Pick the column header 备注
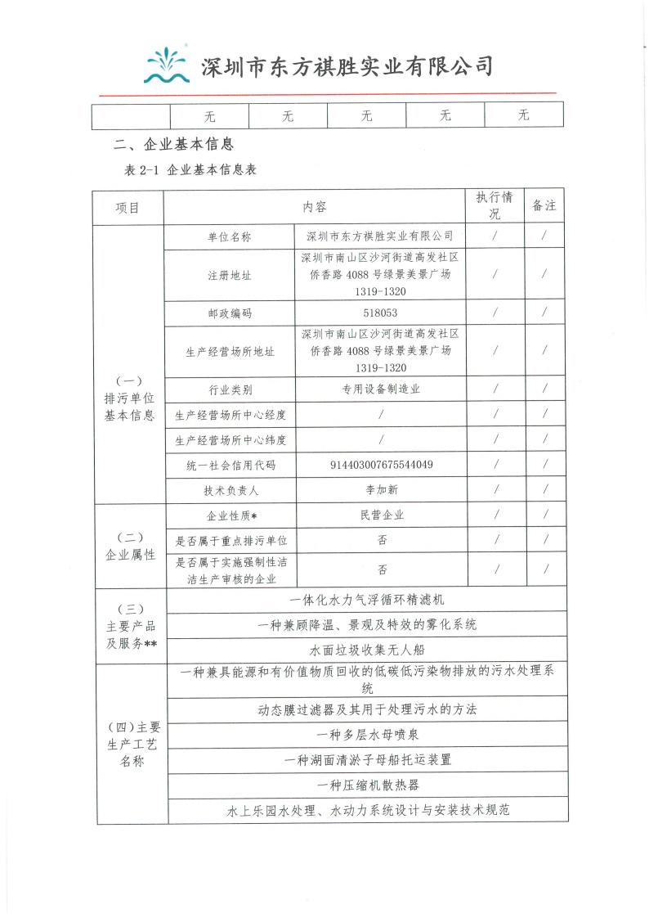point(544,206)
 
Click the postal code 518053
point(380,313)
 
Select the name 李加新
point(380,490)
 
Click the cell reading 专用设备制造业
point(380,389)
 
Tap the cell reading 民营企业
point(380,515)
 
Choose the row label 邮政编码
point(230,313)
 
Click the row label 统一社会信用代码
point(230,466)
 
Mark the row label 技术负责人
point(230,490)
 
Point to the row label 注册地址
point(230,275)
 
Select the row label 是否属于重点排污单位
point(230,541)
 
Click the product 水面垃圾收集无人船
point(365,650)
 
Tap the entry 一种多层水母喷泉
point(365,733)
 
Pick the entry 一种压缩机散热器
point(365,785)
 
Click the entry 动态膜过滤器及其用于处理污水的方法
point(365,709)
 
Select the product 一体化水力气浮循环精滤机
point(365,600)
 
